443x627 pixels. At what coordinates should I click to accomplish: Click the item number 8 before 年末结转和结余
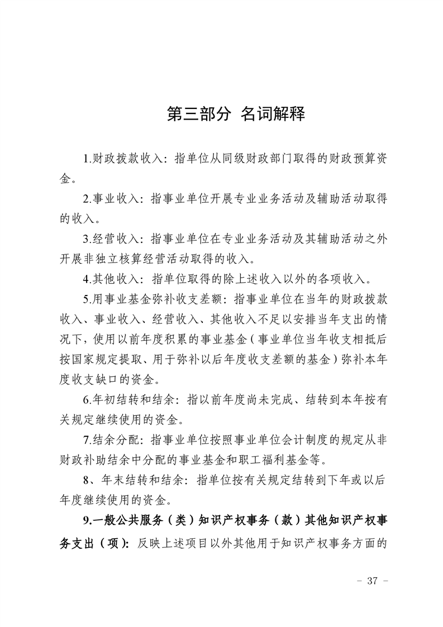[x=85, y=480]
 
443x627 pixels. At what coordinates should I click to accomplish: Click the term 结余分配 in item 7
[x=118, y=440]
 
